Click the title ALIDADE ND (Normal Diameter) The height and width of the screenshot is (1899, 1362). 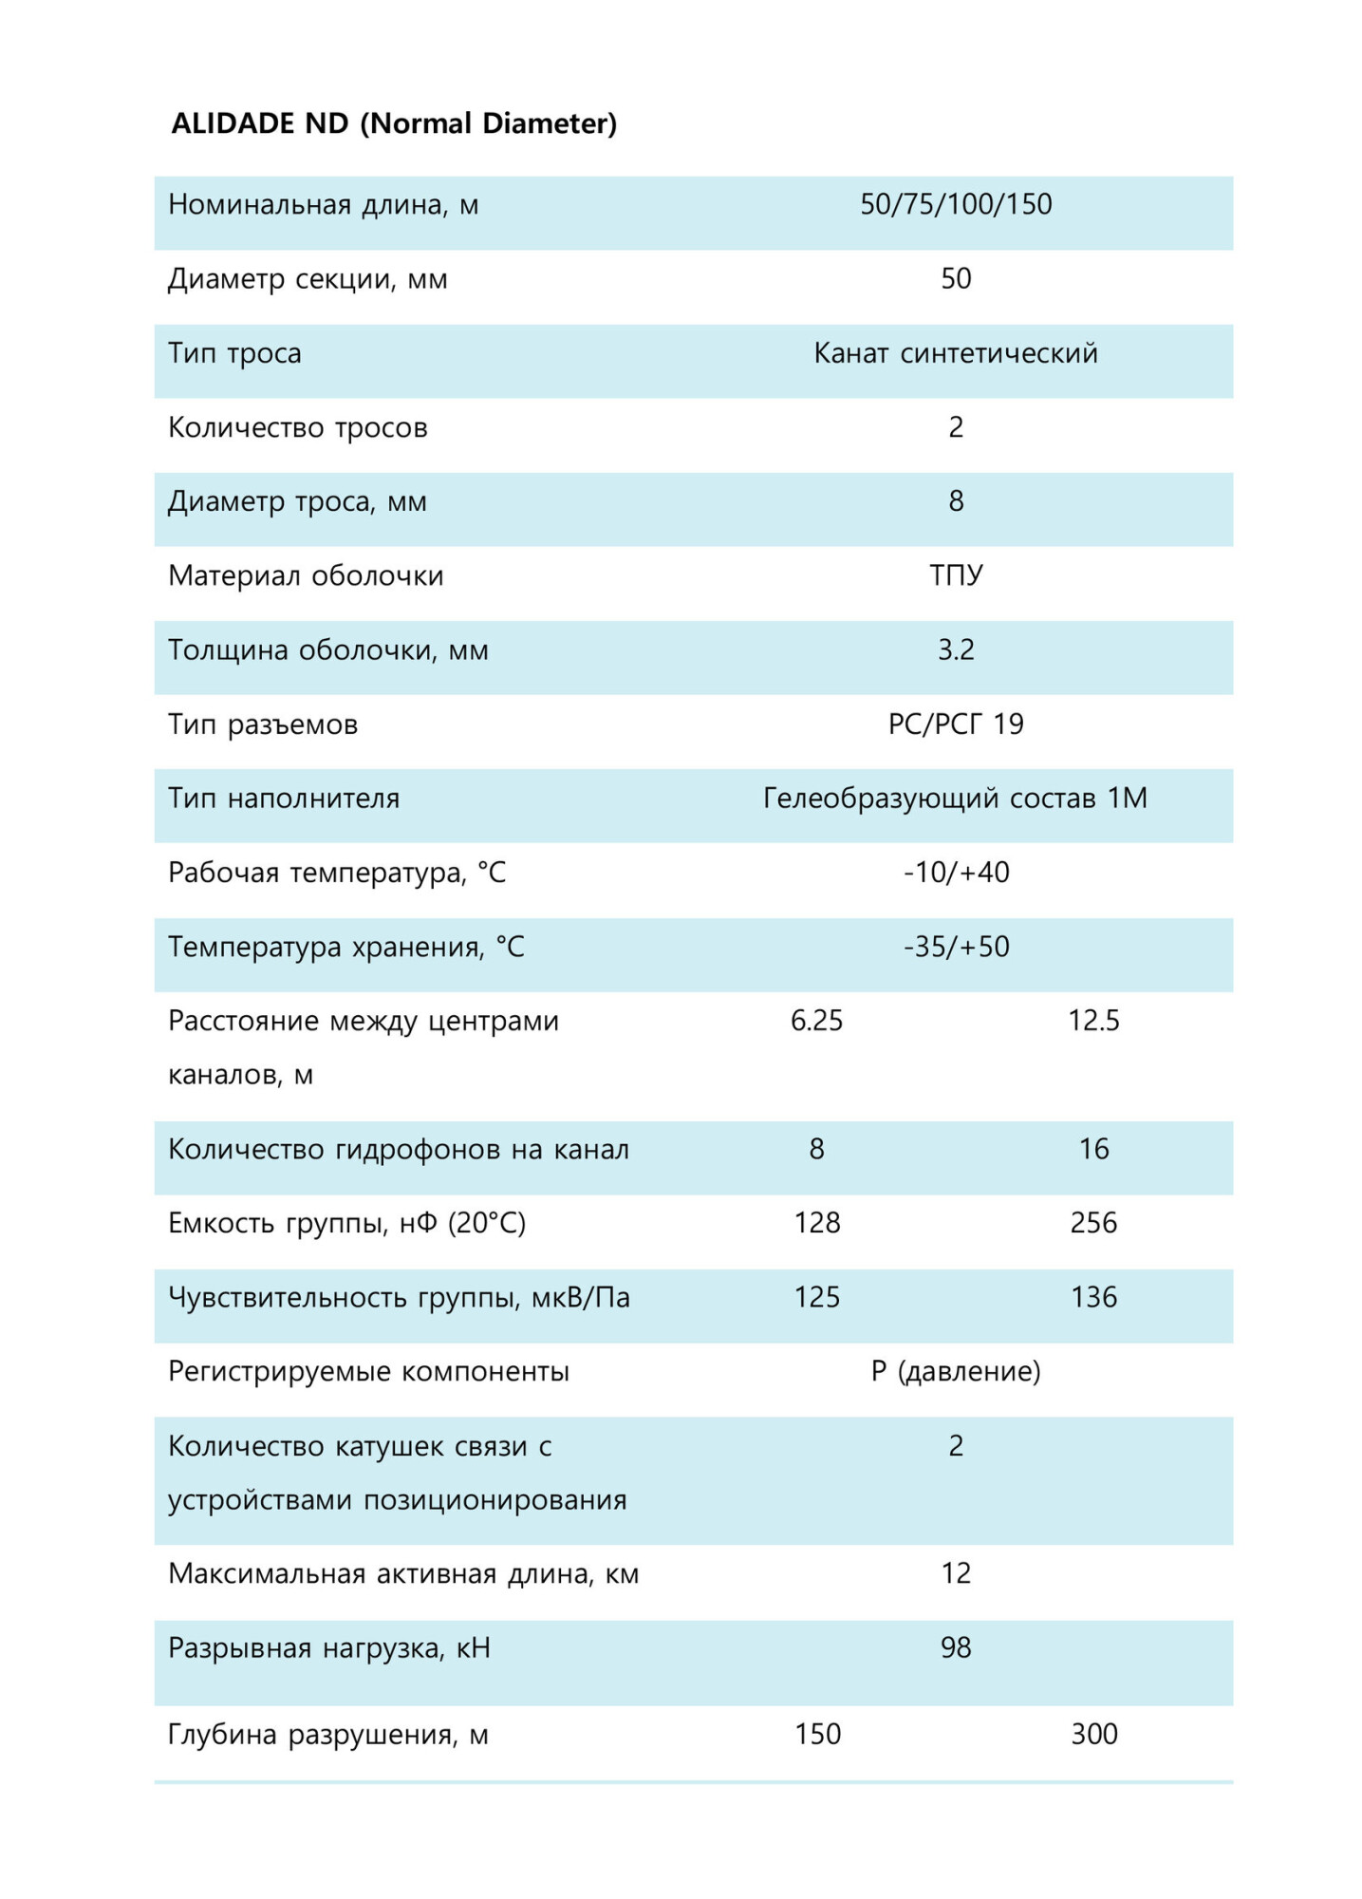pyautogui.click(x=394, y=123)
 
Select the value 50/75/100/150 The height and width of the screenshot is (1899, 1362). pyautogui.click(x=955, y=204)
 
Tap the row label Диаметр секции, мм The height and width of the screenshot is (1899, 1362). pyautogui.click(x=308, y=279)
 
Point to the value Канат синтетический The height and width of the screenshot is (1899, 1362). pyautogui.click(x=955, y=353)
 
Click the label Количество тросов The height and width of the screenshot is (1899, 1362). pyautogui.click(x=297, y=427)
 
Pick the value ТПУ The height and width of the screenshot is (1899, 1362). pyautogui.click(x=955, y=575)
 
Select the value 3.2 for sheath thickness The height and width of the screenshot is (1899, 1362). pyautogui.click(x=955, y=649)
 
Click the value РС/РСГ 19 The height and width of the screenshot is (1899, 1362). pyautogui.click(x=955, y=724)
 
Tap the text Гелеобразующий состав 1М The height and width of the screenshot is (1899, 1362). pyautogui.click(x=955, y=799)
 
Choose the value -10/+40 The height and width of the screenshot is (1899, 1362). pyautogui.click(x=955, y=873)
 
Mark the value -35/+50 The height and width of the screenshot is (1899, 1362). pyautogui.click(x=955, y=947)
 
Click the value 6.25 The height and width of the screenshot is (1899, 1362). pyautogui.click(x=816, y=1021)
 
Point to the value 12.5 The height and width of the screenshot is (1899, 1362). pyautogui.click(x=1093, y=1021)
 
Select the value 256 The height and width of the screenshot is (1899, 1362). pyautogui.click(x=1093, y=1223)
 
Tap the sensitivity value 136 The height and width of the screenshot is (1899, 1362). pyautogui.click(x=1093, y=1297)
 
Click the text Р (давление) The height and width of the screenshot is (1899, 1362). pyautogui.click(x=955, y=1371)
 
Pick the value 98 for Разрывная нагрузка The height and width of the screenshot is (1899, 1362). pyautogui.click(x=955, y=1647)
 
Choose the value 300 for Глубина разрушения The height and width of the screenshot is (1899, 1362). pyautogui.click(x=1093, y=1735)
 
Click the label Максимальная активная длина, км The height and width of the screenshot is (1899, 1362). pyautogui.click(x=403, y=1573)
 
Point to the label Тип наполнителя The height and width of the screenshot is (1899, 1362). pyautogui.click(x=284, y=799)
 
